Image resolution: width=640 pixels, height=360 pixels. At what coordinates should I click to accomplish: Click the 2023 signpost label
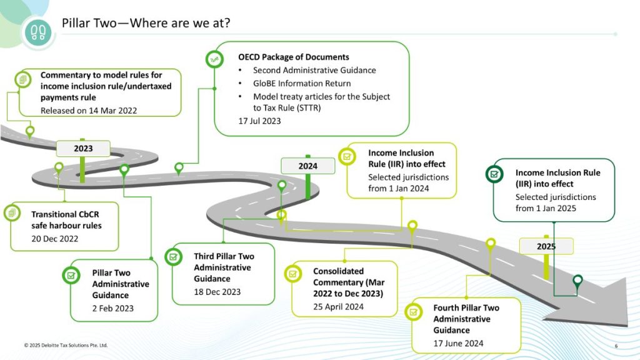83,148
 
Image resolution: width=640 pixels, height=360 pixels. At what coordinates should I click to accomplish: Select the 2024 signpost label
307,166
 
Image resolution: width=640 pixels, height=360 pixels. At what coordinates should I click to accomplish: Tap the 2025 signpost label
546,246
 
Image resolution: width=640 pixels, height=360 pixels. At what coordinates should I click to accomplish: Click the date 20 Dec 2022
55,239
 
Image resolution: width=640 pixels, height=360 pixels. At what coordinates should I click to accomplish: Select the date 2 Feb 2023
113,308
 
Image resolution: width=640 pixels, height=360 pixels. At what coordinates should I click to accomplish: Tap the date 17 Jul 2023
259,121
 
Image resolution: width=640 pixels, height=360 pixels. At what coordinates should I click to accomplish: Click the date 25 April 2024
338,307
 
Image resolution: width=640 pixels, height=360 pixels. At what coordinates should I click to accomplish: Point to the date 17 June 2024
458,343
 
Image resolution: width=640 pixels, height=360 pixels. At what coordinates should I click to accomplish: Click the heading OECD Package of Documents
293,57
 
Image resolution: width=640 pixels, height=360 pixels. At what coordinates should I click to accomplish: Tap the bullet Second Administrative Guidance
314,70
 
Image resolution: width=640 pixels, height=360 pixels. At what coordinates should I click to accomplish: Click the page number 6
616,346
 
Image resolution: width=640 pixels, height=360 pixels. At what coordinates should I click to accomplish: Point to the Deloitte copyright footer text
66,345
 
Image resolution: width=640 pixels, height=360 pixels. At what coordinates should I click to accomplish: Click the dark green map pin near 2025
577,282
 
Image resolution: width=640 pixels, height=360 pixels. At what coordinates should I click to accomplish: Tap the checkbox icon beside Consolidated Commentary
293,273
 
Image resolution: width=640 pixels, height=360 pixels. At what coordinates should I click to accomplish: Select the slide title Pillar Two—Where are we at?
146,23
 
